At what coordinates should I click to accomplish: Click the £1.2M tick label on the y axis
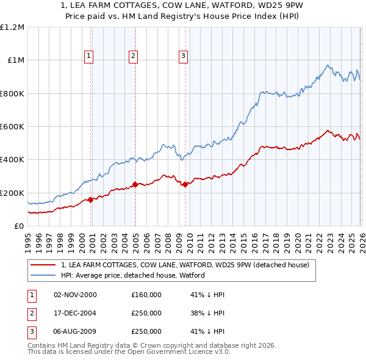click(12, 27)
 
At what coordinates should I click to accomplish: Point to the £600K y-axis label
click(12, 126)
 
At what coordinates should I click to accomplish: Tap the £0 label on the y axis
click(19, 226)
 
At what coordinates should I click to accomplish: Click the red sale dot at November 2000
click(91, 200)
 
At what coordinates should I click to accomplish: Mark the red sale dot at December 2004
click(135, 184)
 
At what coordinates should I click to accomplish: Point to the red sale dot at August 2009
click(185, 184)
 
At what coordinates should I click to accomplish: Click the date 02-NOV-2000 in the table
click(76, 295)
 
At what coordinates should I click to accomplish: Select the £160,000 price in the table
click(146, 295)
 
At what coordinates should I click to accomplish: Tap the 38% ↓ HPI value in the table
click(207, 313)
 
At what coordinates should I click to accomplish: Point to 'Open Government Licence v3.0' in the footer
click(179, 351)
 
